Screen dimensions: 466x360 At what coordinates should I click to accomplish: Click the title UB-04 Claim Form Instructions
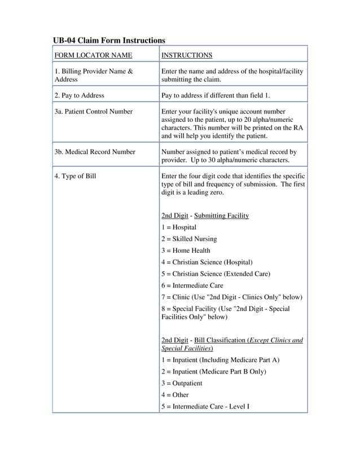pyautogui.click(x=109, y=41)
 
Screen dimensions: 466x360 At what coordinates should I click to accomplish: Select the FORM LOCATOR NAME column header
pyautogui.click(x=93, y=55)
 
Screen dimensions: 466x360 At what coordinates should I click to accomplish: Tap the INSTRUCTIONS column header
pyautogui.click(x=187, y=55)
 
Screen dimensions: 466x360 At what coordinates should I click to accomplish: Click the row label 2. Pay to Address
pyautogui.click(x=80, y=95)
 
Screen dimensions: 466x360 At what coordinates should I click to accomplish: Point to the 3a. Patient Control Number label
pyautogui.click(x=94, y=112)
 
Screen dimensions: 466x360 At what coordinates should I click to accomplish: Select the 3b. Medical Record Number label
pyautogui.click(x=95, y=152)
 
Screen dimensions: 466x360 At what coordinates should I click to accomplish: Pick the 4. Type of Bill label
pyautogui.click(x=75, y=176)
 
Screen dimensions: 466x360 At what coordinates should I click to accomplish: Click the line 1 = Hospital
pyautogui.click(x=179, y=227)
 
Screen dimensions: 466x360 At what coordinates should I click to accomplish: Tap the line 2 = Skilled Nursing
pyautogui.click(x=189, y=239)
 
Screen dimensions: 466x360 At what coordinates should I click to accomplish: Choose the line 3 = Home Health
pyautogui.click(x=186, y=250)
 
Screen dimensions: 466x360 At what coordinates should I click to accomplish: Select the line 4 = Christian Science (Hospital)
pyautogui.click(x=207, y=262)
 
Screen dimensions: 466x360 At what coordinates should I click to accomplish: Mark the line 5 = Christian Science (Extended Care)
pyautogui.click(x=216, y=274)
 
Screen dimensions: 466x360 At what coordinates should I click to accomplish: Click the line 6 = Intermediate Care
pyautogui.click(x=192, y=285)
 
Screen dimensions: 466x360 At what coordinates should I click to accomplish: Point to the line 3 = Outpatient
pyautogui.click(x=182, y=383)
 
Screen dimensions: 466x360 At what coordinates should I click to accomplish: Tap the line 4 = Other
pyautogui.click(x=175, y=395)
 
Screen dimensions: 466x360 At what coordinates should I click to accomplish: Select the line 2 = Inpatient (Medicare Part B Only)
pyautogui.click(x=213, y=372)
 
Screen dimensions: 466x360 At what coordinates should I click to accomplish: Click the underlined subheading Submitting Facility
pyautogui.click(x=221, y=216)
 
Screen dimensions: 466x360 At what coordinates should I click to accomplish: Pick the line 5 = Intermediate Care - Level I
pyautogui.click(x=205, y=406)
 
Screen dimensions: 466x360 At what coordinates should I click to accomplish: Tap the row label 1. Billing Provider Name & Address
pyautogui.click(x=94, y=76)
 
